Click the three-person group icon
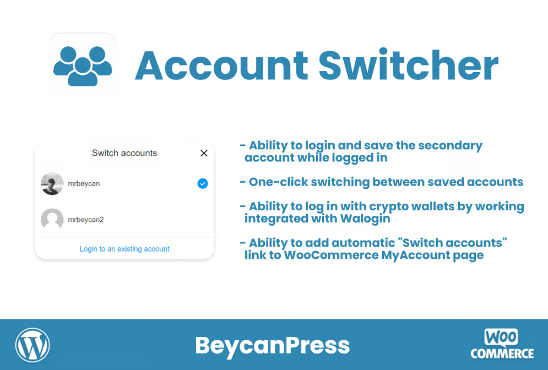point(83,66)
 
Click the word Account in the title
point(221,66)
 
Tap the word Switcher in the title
point(408,64)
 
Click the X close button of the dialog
point(204,153)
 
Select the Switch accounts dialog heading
point(124,153)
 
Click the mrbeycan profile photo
point(52,183)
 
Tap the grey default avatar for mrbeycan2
point(52,220)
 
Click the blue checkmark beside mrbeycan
point(203,183)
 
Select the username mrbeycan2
point(85,220)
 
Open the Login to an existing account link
point(124,249)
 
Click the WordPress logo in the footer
point(32,345)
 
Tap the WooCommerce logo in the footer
point(502,344)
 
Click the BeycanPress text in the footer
point(272,345)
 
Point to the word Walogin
point(365,219)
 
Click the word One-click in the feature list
point(278,182)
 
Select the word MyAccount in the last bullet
point(415,255)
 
